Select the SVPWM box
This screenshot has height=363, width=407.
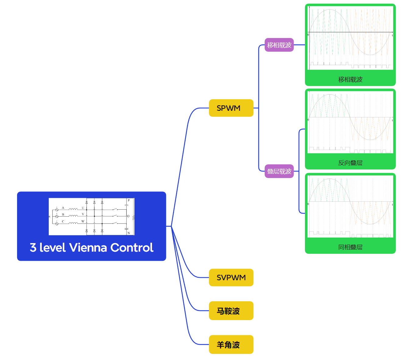(231, 277)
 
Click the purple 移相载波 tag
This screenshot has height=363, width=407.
(279, 45)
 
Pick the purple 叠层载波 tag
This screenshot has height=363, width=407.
(279, 171)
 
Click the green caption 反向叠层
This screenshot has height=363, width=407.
(350, 163)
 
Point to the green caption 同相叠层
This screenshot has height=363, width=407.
(350, 247)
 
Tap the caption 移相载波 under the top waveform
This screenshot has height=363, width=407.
(350, 79)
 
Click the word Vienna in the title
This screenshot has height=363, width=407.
(88, 248)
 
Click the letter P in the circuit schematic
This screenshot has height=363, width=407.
(129, 201)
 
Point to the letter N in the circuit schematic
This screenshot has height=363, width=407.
(129, 233)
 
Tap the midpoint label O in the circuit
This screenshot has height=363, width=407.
(128, 216)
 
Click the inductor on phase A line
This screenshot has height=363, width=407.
(73, 209)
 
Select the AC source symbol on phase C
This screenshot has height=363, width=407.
(57, 224)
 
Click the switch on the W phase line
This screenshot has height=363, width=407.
(115, 223)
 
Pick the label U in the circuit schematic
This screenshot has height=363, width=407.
(83, 208)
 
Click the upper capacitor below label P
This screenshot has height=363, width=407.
(126, 205)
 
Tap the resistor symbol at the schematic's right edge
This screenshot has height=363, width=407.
(133, 218)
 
